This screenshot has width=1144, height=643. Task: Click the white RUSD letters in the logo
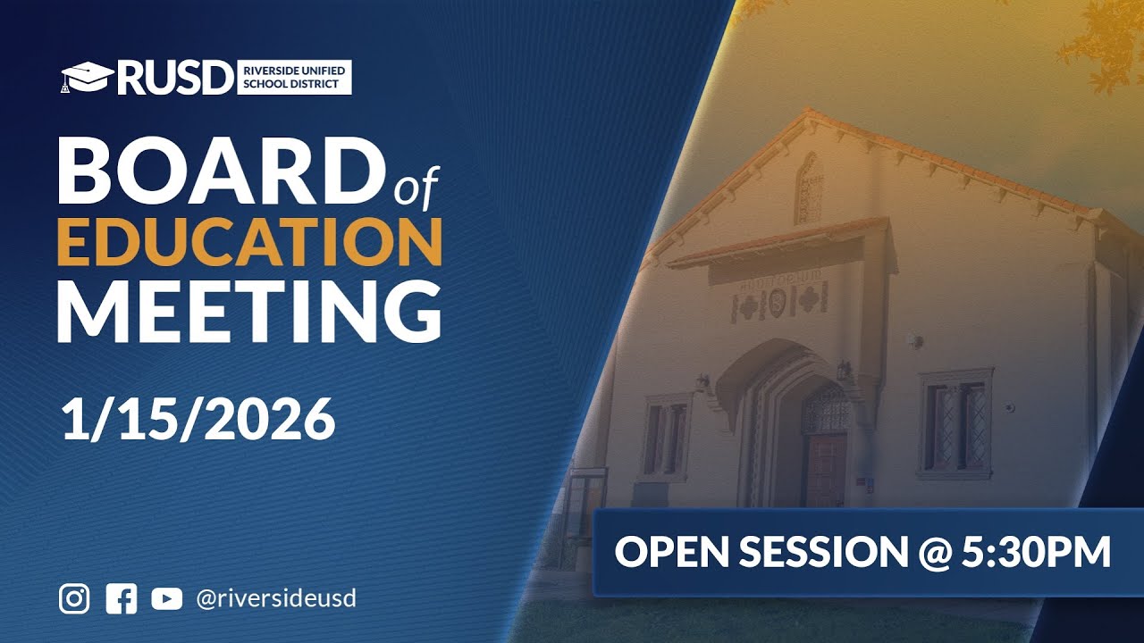pyautogui.click(x=173, y=79)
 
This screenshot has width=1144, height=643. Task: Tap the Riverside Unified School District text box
pyautogui.click(x=294, y=78)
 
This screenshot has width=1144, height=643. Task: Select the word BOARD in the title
pyautogui.click(x=219, y=171)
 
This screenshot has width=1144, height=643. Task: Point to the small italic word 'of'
pyautogui.click(x=416, y=188)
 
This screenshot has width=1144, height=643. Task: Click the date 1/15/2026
pyautogui.click(x=198, y=420)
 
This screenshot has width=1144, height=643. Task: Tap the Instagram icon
pyautogui.click(x=74, y=598)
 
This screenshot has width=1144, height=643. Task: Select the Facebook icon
pyautogui.click(x=121, y=598)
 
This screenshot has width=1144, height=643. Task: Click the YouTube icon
pyautogui.click(x=166, y=598)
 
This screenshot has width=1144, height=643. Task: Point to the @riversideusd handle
pyautogui.click(x=275, y=598)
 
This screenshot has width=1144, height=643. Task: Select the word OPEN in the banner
pyautogui.click(x=668, y=553)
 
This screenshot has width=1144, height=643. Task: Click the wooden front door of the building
pyautogui.click(x=826, y=469)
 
